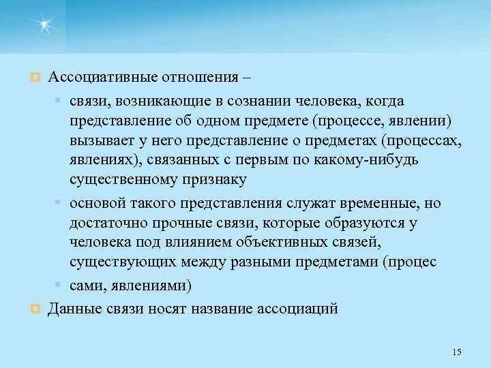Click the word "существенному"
point(123,179)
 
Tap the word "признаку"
point(216,179)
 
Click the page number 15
point(456,352)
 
